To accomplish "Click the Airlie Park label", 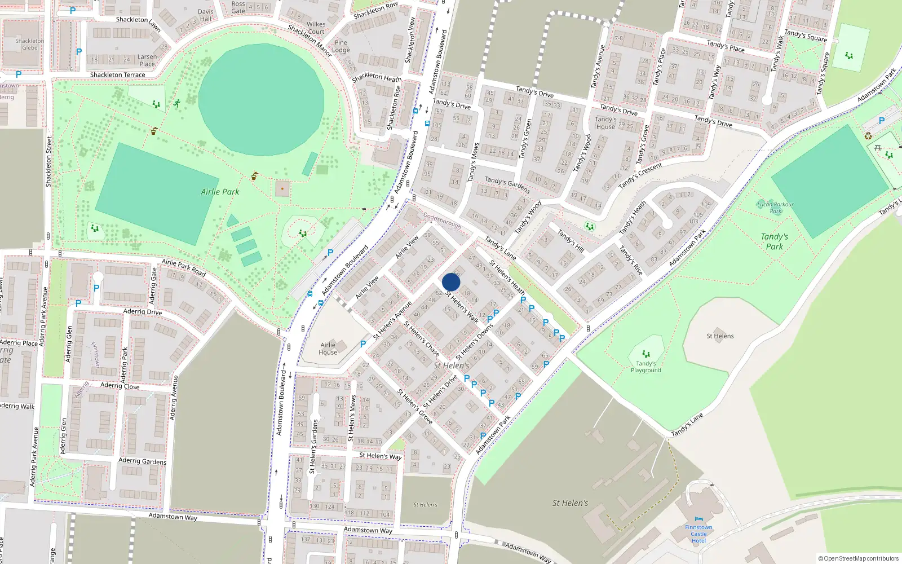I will point(220,192).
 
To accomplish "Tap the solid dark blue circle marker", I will point(451,282).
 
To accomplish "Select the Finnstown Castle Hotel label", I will point(698,534).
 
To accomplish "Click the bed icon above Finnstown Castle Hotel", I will point(699,519).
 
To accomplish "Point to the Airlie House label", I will point(328,349).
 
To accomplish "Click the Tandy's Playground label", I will point(646,367).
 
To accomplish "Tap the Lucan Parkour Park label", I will point(775,208).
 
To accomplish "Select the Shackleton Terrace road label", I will point(117,74).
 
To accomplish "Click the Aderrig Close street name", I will point(120,386).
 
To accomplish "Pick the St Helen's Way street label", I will point(381,456).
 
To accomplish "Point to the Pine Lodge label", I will point(341,46).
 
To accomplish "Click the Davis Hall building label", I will point(206,15).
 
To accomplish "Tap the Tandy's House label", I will point(605,123).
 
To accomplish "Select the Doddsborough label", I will point(442,221).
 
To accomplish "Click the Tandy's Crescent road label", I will point(640,176).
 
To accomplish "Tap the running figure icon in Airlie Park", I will point(177,103).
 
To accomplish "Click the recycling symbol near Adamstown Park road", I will point(868,135).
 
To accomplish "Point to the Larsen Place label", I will point(147,60).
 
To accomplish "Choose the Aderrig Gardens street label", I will point(142,461).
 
